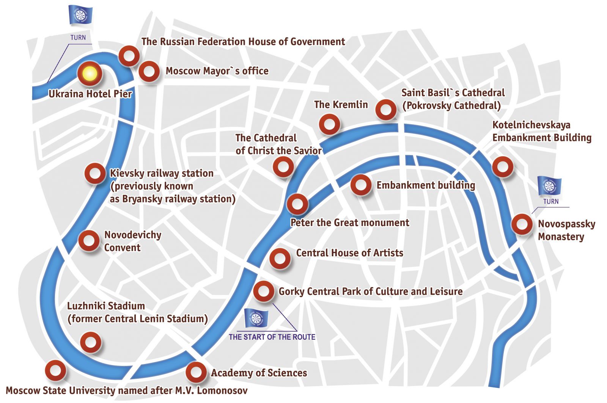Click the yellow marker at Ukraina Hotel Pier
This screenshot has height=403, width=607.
[90, 74]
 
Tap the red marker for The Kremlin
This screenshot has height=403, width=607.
[329, 124]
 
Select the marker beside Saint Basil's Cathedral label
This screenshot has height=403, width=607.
[386, 110]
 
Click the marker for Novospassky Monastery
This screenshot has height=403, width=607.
[522, 224]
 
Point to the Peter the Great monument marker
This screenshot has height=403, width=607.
[297, 204]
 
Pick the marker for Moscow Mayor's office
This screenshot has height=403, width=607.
[149, 71]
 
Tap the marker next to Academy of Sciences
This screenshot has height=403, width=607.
[196, 372]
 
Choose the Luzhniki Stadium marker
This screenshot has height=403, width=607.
[91, 342]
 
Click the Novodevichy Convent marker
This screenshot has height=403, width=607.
[89, 240]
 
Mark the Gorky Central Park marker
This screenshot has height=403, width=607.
[263, 292]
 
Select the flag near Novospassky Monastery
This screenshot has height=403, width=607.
[549, 186]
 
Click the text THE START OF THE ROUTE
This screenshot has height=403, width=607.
[272, 337]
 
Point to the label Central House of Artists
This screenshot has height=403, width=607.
[349, 253]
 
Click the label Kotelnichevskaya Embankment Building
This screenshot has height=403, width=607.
[541, 131]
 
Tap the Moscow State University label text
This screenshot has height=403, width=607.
[126, 390]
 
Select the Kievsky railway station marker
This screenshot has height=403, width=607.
[94, 173]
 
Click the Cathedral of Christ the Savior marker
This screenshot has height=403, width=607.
[283, 166]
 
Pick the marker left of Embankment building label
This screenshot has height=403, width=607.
[361, 185]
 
